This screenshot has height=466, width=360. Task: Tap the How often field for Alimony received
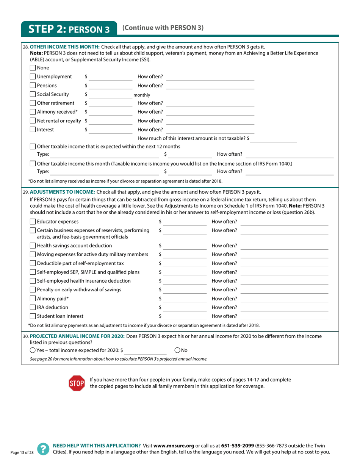(210, 112)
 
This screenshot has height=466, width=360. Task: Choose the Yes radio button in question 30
(33, 350)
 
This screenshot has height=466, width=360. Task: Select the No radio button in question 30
(178, 350)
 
